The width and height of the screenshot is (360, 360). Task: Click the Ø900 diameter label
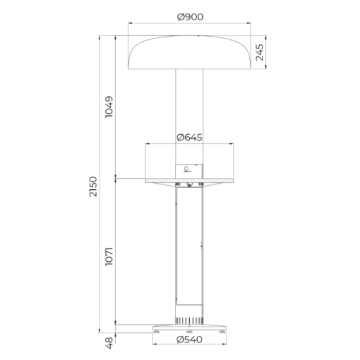coord(190,17)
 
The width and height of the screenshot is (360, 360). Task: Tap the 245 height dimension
coord(259,52)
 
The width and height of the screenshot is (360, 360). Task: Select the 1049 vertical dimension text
coord(109,107)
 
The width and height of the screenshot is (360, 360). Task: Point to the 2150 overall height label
coord(93,187)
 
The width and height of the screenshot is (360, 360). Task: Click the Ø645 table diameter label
coord(189,137)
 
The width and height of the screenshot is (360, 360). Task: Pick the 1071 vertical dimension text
coord(109,257)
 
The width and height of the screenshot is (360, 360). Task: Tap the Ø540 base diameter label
coord(190,340)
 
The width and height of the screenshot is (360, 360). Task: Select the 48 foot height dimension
coord(109,343)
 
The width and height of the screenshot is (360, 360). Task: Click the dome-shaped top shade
coord(189,52)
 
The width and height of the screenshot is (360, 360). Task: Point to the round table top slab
coord(189,181)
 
